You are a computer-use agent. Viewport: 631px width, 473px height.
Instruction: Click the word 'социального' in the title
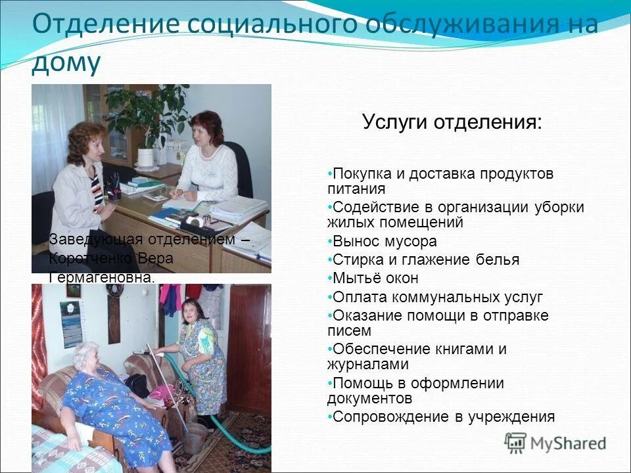pyautogui.click(x=272, y=25)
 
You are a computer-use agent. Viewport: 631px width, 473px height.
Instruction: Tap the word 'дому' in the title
pyautogui.click(x=66, y=64)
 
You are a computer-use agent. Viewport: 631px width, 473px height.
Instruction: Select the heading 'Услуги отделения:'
pyautogui.click(x=452, y=122)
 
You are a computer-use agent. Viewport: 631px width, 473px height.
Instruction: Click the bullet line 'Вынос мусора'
pyautogui.click(x=385, y=241)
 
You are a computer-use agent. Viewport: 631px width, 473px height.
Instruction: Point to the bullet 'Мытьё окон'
pyautogui.click(x=375, y=278)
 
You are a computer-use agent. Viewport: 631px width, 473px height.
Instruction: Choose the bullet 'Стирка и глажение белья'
pyautogui.click(x=426, y=259)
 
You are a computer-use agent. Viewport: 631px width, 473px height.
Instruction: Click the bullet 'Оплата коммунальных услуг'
pyautogui.click(x=438, y=297)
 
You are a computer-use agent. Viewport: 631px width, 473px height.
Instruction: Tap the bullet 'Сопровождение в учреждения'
pyautogui.click(x=444, y=417)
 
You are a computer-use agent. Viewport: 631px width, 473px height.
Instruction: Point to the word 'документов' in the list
pyautogui.click(x=369, y=398)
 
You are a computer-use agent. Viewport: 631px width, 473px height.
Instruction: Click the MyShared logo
pyautogui.click(x=555, y=443)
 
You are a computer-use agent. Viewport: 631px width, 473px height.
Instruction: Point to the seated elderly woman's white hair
pyautogui.click(x=86, y=355)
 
